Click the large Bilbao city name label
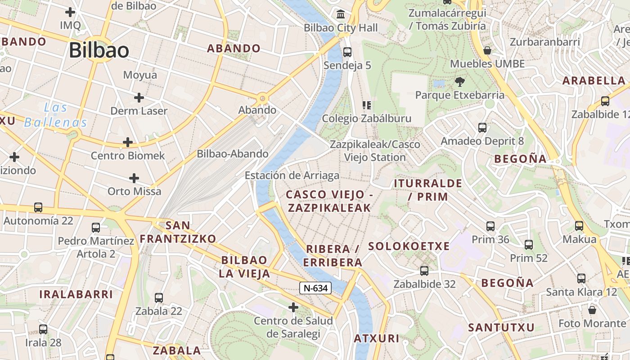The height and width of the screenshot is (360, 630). click(99, 50)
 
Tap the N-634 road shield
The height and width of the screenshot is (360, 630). click(315, 288)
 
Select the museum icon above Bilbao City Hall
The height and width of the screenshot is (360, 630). click(341, 14)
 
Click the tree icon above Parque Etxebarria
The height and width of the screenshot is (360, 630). click(459, 82)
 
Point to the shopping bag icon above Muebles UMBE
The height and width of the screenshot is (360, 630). click(487, 50)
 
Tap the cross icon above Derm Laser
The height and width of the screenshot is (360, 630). click(139, 97)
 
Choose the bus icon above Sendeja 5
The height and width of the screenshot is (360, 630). click(347, 52)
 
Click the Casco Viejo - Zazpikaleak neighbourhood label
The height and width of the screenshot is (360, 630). click(329, 201)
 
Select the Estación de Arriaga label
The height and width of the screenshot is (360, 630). click(292, 175)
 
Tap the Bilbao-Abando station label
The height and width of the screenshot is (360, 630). click(233, 154)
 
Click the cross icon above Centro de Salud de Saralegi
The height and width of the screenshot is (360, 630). click(293, 307)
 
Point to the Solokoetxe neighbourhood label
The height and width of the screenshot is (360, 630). click(409, 246)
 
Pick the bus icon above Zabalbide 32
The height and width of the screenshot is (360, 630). click(424, 270)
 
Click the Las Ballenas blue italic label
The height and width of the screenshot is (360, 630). click(55, 115)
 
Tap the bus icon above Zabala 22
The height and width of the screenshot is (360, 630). click(159, 297)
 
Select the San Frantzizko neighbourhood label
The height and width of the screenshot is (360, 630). click(178, 232)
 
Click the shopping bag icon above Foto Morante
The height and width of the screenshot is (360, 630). click(592, 310)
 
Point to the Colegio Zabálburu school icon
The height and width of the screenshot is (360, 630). click(367, 105)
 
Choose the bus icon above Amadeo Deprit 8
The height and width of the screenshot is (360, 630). click(482, 128)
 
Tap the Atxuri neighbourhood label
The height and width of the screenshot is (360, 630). click(377, 338)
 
